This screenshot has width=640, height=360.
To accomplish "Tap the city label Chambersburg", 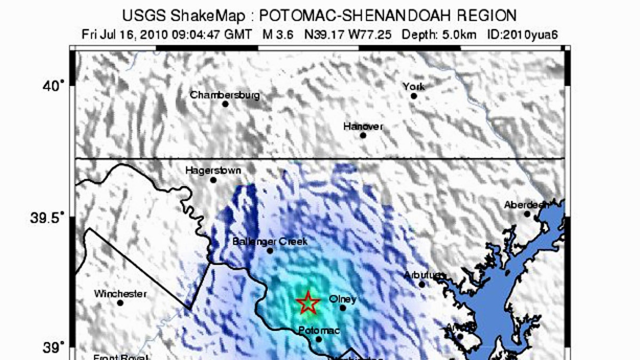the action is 225,95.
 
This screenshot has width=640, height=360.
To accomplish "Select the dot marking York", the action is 413,96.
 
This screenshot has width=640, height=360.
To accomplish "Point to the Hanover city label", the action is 363,126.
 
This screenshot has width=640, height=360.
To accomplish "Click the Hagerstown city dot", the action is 213,180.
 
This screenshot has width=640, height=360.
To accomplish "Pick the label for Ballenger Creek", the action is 270,242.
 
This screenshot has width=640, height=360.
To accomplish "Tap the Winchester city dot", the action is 120,303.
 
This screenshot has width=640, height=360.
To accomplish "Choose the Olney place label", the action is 342,299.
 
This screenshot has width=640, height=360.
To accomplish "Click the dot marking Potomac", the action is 319,339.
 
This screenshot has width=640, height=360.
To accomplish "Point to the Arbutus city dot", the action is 422,284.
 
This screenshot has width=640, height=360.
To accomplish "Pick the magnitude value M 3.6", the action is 280,35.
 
